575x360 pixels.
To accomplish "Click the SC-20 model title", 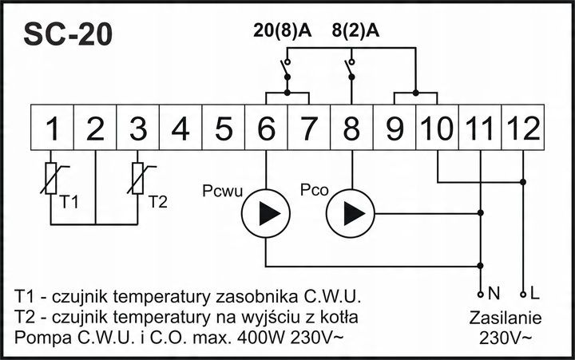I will coord(68,34).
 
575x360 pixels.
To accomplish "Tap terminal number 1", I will coord(53,129).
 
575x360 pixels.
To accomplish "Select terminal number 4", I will coord(180,129).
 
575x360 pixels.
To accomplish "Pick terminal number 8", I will coord(352,129).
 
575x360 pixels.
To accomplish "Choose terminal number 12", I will coord(523,129).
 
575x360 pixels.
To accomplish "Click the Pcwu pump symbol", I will coord(265,214).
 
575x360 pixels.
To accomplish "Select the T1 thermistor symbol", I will coord(53,177).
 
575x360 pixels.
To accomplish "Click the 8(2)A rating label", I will coord(355,31).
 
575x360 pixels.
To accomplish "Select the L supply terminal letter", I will coord(534,293).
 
